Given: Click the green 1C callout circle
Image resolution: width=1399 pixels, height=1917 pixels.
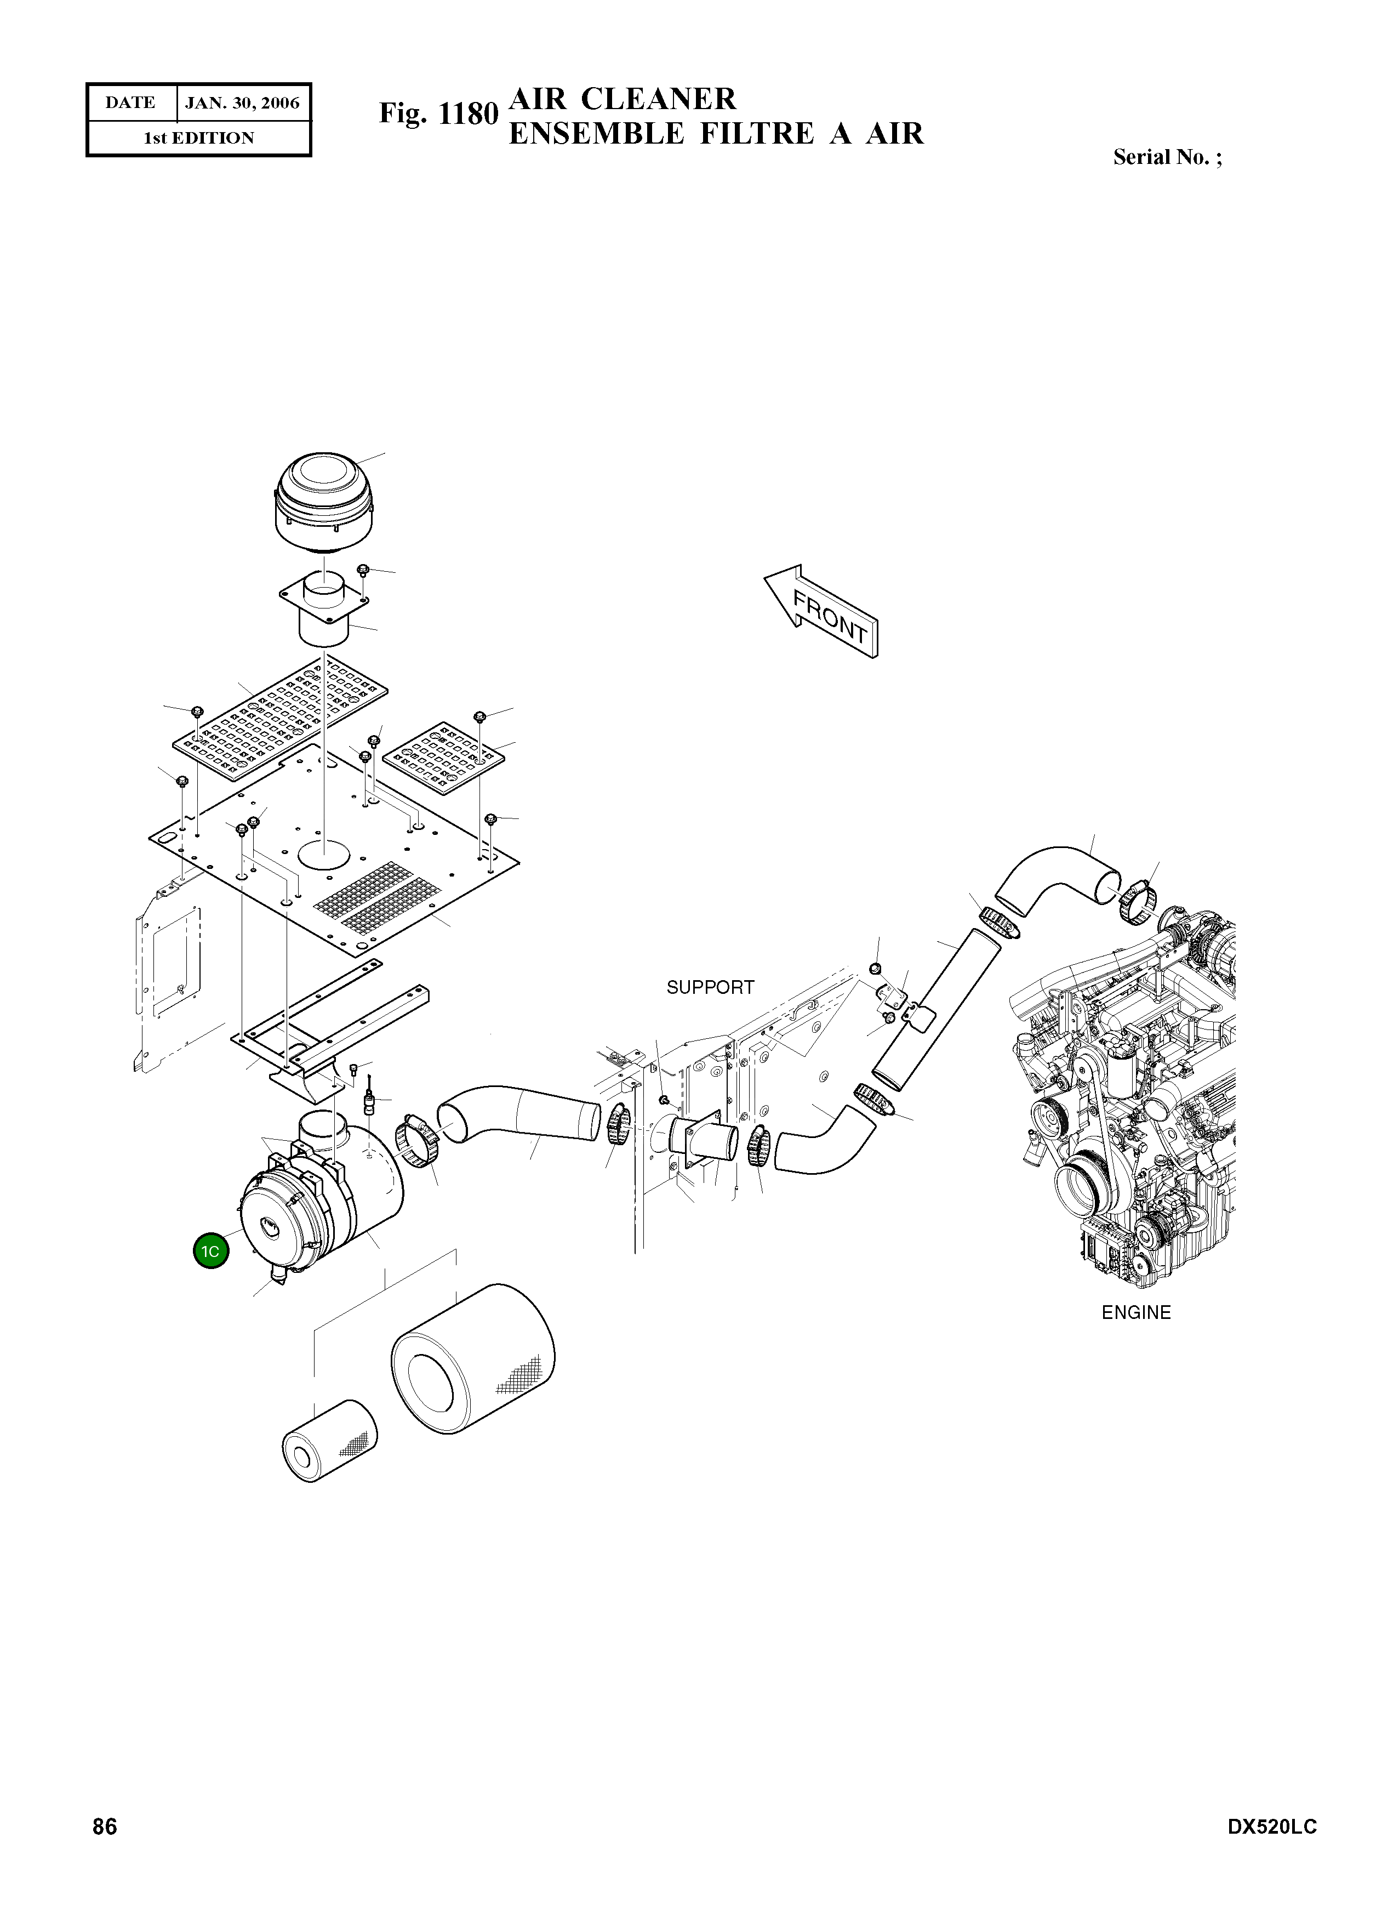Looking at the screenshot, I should (x=211, y=1251).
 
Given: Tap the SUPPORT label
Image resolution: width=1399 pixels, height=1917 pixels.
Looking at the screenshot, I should (x=710, y=988).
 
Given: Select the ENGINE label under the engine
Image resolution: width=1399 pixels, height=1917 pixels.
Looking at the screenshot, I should (x=1135, y=1313).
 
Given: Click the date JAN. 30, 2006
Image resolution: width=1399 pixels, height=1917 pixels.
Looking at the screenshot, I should (x=242, y=104).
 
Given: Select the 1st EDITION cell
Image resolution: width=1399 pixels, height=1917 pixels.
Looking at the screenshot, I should (x=198, y=138).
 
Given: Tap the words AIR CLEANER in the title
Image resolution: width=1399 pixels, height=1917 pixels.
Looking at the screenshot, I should (x=623, y=99).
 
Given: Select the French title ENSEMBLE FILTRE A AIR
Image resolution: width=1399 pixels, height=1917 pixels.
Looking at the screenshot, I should (x=716, y=134).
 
